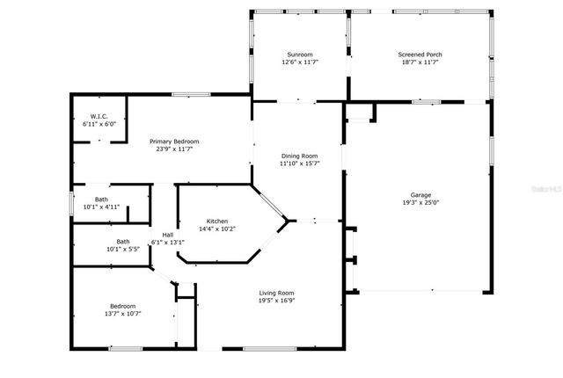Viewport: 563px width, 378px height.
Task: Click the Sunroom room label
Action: pos(299,55)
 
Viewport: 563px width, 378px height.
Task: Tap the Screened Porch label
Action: pos(420,55)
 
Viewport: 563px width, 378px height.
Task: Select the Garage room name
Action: pos(420,194)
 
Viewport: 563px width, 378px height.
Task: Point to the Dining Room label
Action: pos(299,155)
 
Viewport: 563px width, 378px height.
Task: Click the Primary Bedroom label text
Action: pos(174,142)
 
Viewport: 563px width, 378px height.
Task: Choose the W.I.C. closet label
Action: pos(99,117)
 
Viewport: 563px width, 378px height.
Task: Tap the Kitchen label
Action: pos(219,221)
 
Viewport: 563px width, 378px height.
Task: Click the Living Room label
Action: pos(276,293)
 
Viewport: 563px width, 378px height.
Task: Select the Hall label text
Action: pos(167,235)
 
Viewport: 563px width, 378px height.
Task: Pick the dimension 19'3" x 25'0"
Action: pos(420,202)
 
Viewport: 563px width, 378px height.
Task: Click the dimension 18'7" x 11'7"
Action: pos(420,62)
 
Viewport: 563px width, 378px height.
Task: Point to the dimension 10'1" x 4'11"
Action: pos(101,207)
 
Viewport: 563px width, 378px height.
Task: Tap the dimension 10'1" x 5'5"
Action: pos(123,249)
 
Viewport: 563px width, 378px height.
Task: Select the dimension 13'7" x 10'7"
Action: pos(123,313)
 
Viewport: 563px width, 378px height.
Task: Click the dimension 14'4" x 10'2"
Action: pos(219,229)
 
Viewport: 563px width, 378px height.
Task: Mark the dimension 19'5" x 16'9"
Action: pos(276,301)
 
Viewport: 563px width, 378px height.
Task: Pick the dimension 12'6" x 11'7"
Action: pos(299,62)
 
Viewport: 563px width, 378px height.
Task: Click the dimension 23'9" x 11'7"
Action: pos(174,149)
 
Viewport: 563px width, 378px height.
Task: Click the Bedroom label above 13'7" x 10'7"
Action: pos(123,305)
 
